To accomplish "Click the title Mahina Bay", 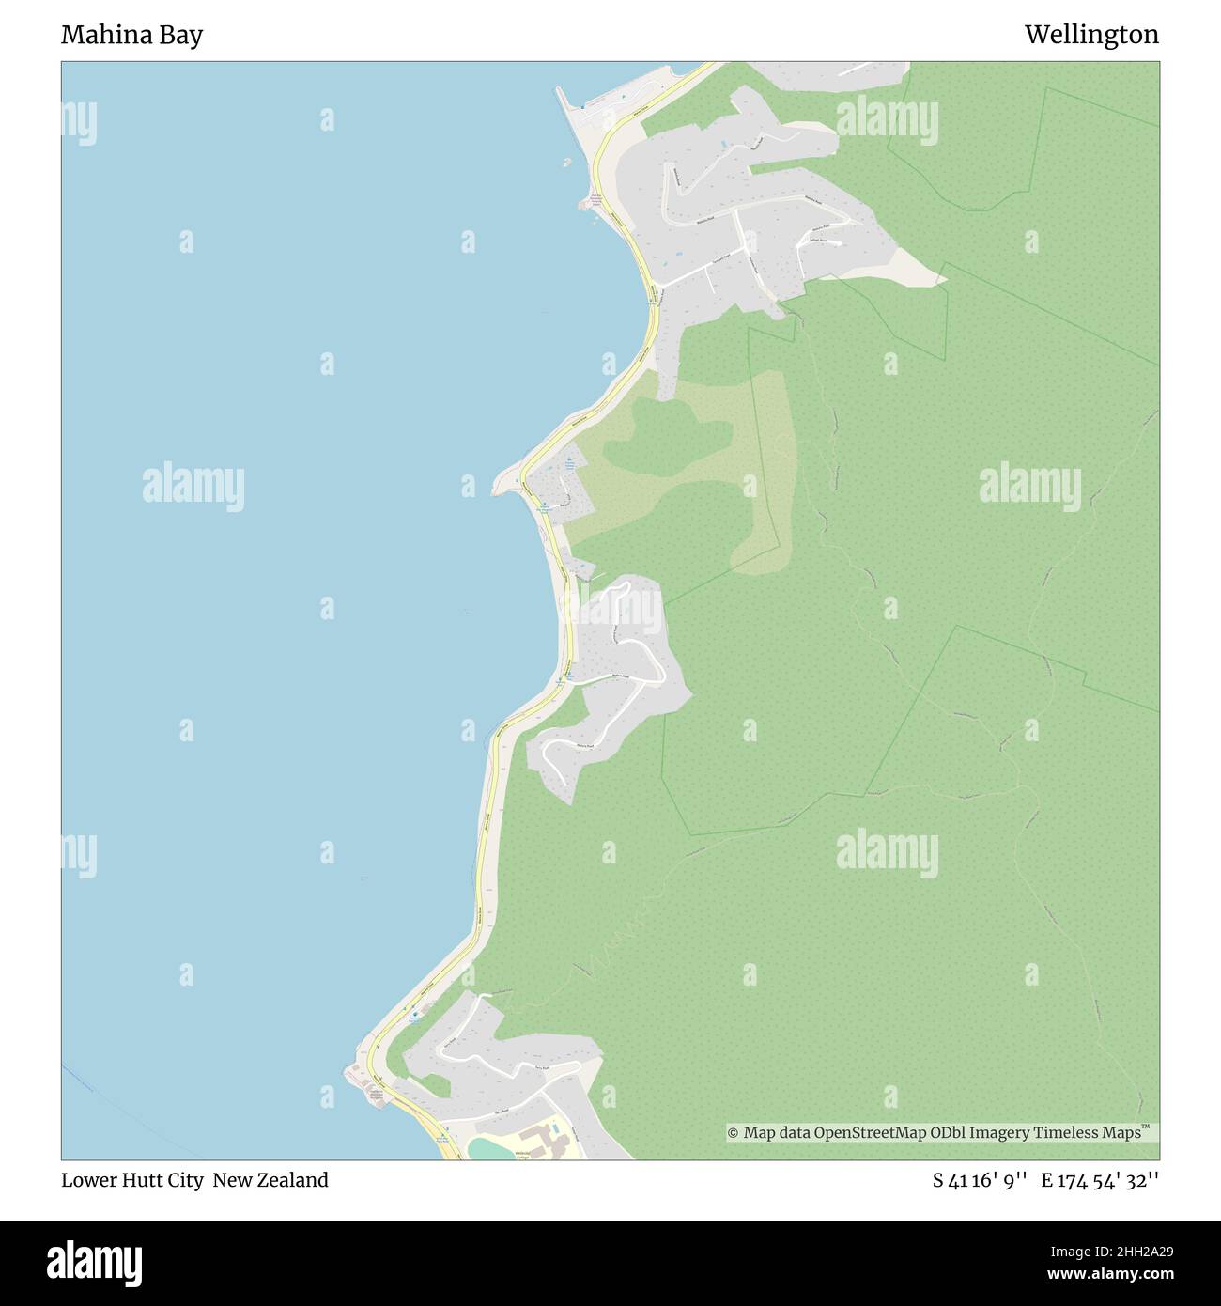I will pyautogui.click(x=131, y=36).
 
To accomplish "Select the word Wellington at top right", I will pyautogui.click(x=1090, y=36).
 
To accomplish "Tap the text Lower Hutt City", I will pyautogui.click(x=132, y=1180).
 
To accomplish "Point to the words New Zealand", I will pyautogui.click(x=270, y=1180).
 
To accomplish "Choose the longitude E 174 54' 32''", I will pyautogui.click(x=1099, y=1180).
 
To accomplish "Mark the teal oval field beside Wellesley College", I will pyautogui.click(x=486, y=1148).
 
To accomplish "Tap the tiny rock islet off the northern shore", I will pyautogui.click(x=567, y=162).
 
